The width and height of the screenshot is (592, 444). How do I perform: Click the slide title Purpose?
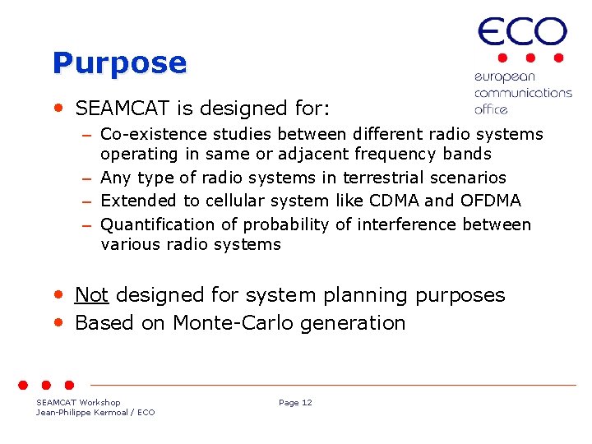click(119, 63)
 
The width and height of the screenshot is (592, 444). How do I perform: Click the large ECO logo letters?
click(522, 34)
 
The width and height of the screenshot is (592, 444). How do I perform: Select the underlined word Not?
click(91, 295)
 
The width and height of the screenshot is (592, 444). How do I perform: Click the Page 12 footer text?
click(295, 403)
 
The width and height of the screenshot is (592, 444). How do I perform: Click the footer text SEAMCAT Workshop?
click(78, 403)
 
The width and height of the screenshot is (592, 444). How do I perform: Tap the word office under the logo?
click(491, 109)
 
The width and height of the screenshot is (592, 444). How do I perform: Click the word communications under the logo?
click(522, 93)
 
